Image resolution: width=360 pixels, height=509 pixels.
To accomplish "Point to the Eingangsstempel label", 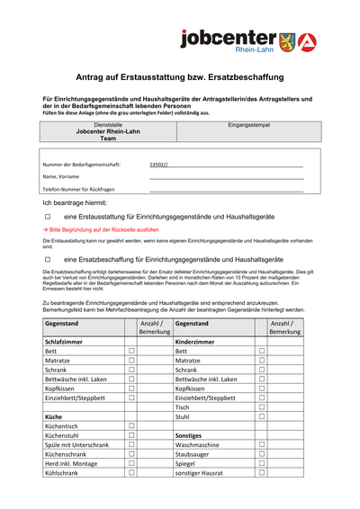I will click(x=246, y=125).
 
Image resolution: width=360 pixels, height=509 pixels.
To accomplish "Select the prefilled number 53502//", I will click(x=158, y=165).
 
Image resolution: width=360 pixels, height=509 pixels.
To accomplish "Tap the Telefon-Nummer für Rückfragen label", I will click(x=79, y=190).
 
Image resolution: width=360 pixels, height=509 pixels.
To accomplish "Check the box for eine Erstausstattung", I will click(x=49, y=218).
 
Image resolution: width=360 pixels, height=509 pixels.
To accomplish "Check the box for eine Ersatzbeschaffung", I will click(x=49, y=258).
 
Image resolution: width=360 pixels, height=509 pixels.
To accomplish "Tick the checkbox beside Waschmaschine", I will click(x=262, y=444).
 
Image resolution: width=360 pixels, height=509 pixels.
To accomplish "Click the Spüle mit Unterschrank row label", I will click(x=77, y=444).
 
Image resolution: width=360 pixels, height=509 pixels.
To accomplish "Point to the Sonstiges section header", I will click(x=193, y=433).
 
